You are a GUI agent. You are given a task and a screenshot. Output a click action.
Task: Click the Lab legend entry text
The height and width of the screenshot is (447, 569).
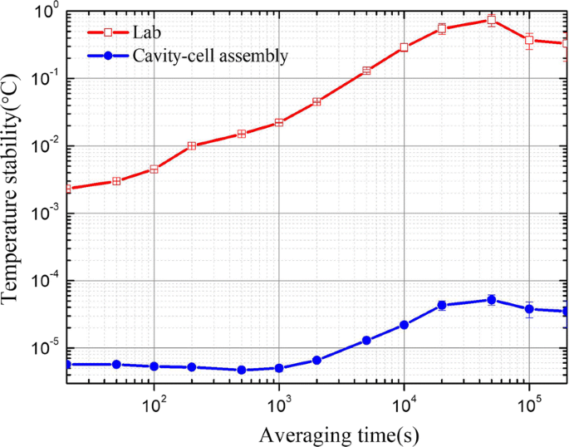click(146, 33)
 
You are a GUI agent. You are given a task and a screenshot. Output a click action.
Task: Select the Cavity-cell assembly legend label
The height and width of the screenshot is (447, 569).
click(211, 56)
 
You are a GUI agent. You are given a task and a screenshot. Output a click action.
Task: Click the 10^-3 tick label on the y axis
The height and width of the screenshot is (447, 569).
click(41, 214)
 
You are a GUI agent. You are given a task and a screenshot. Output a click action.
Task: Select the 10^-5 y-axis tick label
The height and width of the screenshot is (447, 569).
click(41, 349)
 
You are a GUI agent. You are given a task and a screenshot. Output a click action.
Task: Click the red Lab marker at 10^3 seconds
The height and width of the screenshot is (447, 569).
click(279, 122)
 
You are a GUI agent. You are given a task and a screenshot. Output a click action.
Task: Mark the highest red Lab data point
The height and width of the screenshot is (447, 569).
click(492, 19)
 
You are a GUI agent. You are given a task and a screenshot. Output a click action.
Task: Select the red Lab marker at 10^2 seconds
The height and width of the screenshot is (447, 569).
click(154, 169)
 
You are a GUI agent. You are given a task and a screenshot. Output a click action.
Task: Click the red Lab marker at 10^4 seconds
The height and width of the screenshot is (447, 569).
click(404, 47)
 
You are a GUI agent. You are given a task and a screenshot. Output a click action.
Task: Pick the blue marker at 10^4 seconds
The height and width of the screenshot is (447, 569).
click(404, 325)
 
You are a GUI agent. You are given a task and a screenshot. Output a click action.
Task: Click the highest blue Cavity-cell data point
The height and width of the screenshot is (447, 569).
click(492, 300)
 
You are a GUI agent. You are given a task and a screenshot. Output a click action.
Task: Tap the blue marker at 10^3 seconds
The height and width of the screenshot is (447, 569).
click(279, 368)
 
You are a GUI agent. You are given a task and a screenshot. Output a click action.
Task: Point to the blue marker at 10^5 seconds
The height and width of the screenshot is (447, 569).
click(528, 309)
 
